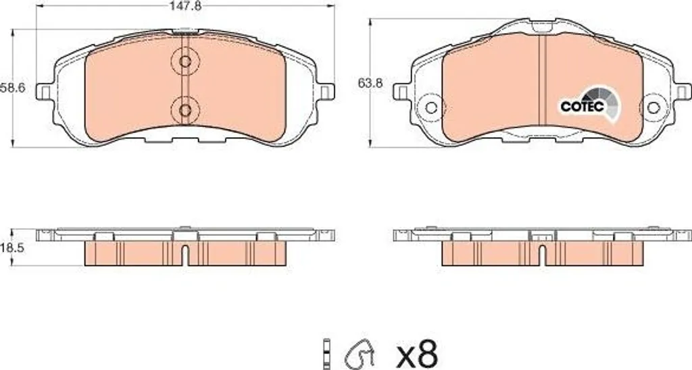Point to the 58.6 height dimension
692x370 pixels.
(12, 87)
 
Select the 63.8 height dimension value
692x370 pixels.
(370, 83)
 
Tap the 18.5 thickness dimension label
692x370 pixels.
(12, 248)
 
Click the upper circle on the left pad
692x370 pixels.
(185, 61)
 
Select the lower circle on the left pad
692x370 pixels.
(185, 110)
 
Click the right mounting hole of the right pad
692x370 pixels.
(653, 107)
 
